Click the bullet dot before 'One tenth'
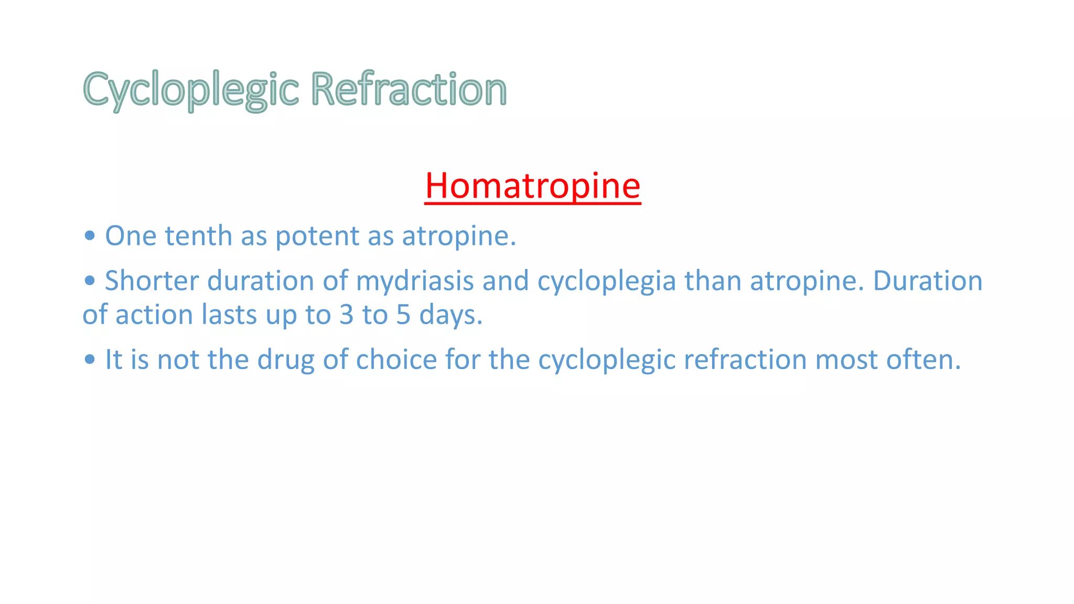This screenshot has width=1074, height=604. coord(90,235)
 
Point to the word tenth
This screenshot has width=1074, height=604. coord(198,236)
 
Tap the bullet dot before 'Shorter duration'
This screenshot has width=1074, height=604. coord(90,281)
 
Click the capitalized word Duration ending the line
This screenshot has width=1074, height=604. coord(927,281)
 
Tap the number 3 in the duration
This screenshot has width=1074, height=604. coord(346,315)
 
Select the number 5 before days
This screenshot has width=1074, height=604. coord(403,315)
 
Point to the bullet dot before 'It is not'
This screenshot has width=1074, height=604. coord(90,359)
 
